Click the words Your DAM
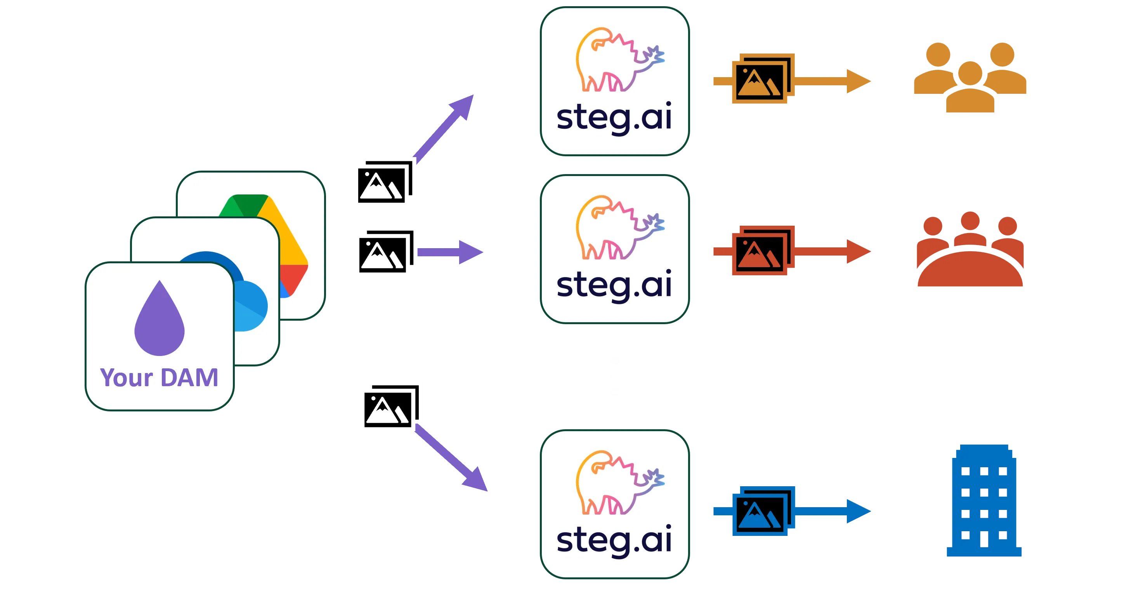pos(160,378)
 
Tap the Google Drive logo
pos(281,237)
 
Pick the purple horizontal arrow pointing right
pos(451,252)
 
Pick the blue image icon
pos(763,510)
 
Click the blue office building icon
pos(984,501)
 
